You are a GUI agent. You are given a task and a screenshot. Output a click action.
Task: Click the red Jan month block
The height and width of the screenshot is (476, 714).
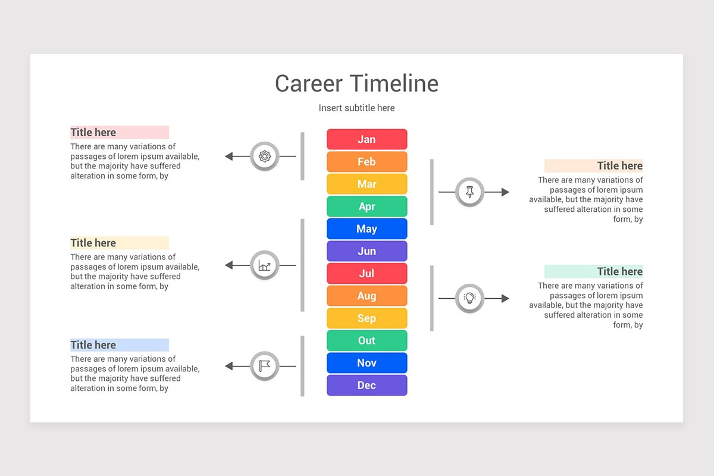point(367,139)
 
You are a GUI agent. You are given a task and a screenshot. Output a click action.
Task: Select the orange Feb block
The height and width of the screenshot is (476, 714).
point(367,162)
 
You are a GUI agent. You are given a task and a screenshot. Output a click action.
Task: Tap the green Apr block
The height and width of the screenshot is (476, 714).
point(367,206)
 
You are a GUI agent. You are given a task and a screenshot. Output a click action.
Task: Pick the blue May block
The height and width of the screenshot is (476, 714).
point(367,229)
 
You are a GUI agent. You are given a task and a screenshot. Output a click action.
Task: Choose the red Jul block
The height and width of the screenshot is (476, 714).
point(367,274)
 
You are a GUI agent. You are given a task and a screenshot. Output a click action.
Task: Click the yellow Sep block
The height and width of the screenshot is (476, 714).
point(367,318)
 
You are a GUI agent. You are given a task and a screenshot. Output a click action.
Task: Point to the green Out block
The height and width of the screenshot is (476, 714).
point(367,340)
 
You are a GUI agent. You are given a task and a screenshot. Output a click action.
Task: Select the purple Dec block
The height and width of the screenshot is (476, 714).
point(367,385)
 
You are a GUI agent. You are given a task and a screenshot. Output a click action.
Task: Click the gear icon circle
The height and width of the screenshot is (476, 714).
point(265,156)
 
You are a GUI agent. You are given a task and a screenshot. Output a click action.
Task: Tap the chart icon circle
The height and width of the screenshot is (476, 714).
point(265,265)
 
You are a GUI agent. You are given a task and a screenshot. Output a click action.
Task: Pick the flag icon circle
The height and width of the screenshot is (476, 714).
point(265,366)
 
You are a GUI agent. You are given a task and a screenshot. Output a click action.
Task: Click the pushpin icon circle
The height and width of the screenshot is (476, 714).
point(470,192)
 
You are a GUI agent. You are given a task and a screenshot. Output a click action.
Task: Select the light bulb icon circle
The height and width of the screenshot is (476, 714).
point(470,298)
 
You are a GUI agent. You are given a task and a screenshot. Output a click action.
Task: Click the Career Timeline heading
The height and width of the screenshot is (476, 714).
point(356,83)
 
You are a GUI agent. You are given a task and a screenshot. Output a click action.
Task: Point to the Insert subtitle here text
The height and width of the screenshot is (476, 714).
point(356,108)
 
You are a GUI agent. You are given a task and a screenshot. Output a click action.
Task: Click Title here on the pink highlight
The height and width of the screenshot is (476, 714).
point(93,132)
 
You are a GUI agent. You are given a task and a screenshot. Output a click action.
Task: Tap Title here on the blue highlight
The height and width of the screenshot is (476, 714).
point(93,345)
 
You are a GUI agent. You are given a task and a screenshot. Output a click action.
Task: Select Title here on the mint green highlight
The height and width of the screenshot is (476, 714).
point(619,271)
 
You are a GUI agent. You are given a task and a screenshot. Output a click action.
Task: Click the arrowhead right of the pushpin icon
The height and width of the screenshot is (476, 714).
point(505,192)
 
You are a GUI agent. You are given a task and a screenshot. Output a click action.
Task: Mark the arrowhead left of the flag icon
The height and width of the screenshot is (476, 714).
point(229,366)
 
